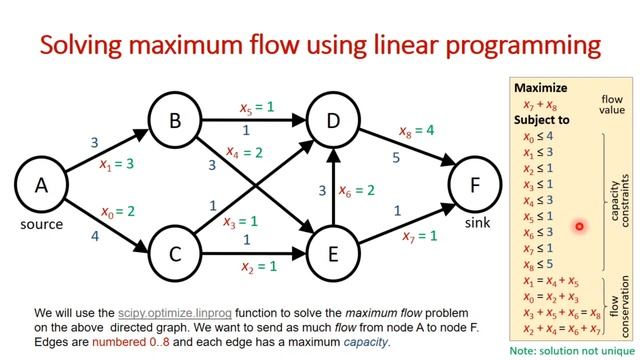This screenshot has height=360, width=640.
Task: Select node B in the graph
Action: point(175,121)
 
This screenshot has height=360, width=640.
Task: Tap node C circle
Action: point(175,253)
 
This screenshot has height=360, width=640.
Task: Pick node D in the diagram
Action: point(334,121)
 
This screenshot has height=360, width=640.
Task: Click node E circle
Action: point(334,253)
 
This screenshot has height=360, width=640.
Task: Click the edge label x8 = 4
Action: point(416,131)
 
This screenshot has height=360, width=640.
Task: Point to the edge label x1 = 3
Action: point(117,163)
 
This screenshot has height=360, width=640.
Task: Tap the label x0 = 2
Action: point(117,211)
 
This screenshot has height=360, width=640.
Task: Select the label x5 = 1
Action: point(256,107)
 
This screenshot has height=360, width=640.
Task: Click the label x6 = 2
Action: point(357,190)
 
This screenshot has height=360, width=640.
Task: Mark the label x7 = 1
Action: point(420,236)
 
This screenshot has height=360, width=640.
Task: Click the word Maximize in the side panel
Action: point(541,87)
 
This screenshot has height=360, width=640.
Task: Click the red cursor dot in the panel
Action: point(579,227)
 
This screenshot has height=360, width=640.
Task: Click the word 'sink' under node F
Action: point(477,223)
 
